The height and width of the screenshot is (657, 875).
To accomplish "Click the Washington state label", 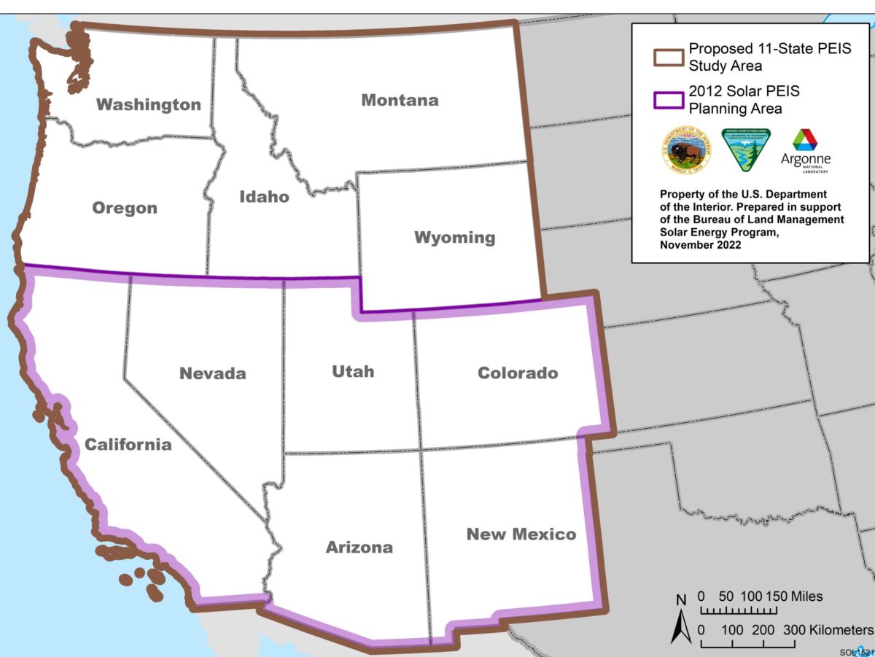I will pos(149,104).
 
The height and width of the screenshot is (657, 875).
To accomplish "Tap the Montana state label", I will pos(400,100).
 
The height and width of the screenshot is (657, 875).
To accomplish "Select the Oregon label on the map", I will pos(125,208).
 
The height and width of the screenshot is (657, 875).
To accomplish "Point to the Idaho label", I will pos(264,196).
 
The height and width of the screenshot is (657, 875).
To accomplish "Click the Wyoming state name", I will pos(454,237).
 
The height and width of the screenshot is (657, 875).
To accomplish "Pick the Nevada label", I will pos(213,373).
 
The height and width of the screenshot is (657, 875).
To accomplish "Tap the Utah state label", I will pos(353,371).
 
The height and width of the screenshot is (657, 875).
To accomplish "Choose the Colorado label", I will pos(518,373).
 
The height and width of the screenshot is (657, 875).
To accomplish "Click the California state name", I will pos(128,444).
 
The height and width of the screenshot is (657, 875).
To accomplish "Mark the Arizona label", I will pos(359,547).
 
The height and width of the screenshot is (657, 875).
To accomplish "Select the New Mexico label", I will pos(521,534).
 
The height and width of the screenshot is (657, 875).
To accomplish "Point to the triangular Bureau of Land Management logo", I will pos(745,151).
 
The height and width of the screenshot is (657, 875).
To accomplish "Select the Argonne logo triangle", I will pos(805,140).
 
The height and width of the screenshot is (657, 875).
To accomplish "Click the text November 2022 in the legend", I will pos(700,245).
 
